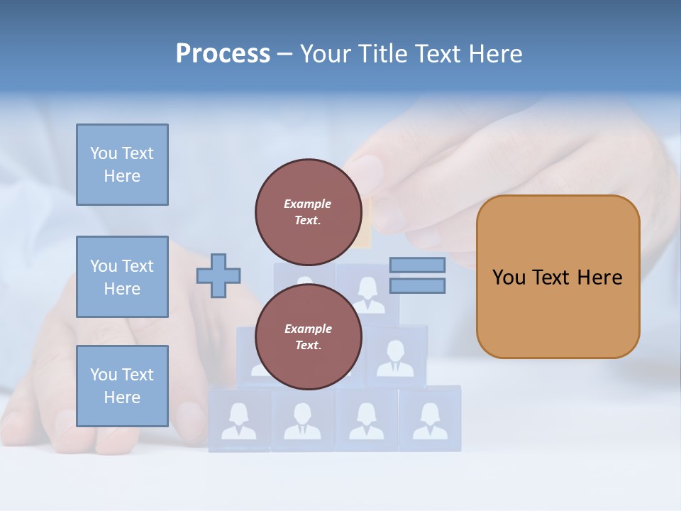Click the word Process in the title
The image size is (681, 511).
223,54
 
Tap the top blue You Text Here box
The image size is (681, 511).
122,165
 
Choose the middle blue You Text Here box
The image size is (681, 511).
122,277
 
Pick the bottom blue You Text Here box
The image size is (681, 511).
122,386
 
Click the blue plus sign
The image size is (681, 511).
218,275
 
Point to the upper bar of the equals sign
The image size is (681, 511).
417,265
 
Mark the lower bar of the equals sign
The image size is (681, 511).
417,286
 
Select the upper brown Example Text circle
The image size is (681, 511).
308,211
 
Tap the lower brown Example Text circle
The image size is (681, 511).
308,336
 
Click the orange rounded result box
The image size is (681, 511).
558,312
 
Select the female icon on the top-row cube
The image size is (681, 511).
367,295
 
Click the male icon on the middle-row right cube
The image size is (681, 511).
395,358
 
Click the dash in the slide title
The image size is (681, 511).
284,54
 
